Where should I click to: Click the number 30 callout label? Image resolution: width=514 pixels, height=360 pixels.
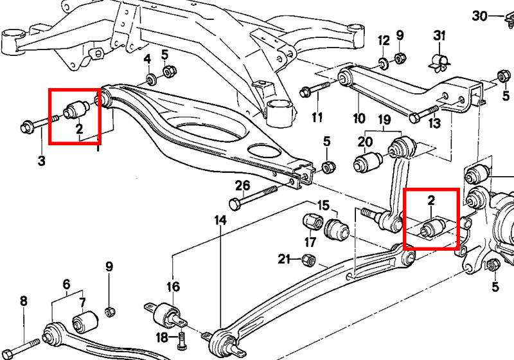pos(479,15)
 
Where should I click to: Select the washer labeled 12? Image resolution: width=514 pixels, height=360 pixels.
pos(383,62)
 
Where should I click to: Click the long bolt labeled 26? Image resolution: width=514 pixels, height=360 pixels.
pos(253,197)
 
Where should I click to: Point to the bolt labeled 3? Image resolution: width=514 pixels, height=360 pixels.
pos(39,123)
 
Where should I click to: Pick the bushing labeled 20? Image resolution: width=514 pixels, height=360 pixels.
pos(368,161)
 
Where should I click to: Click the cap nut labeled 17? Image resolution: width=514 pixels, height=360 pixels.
pos(312,222)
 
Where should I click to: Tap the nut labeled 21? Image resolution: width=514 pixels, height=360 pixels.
pos(308,260)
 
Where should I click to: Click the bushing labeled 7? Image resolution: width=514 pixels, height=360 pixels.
pos(85,321)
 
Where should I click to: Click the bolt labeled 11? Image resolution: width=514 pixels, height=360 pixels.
pos(315,89)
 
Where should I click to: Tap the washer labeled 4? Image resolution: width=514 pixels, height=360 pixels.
pos(151,80)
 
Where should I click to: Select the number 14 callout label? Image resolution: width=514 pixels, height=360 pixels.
pos(220,221)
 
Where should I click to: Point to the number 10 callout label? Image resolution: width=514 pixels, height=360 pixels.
pos(359,118)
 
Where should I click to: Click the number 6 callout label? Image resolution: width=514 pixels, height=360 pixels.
pos(67,284)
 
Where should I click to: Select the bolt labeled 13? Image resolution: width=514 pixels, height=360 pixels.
pos(425,112)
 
